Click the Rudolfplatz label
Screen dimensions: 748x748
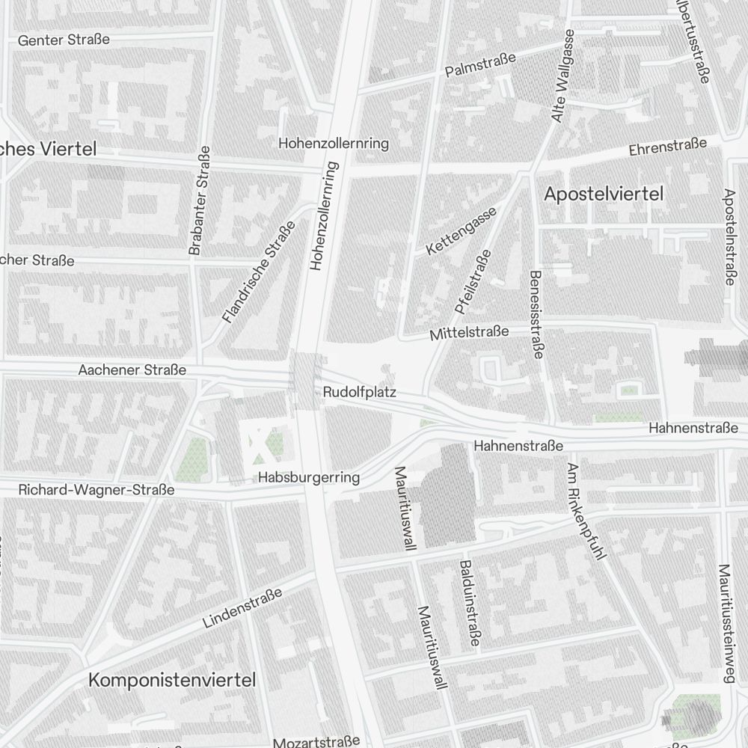359,392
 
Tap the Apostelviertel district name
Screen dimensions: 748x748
604,194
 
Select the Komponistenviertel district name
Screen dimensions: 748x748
172,680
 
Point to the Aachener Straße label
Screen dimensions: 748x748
132,370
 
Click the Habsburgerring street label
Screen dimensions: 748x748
309,477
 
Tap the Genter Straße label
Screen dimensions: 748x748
64,40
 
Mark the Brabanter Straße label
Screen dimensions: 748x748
199,200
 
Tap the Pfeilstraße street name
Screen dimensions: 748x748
472,281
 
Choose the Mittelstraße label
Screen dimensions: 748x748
469,333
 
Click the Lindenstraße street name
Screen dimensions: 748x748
242,607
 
